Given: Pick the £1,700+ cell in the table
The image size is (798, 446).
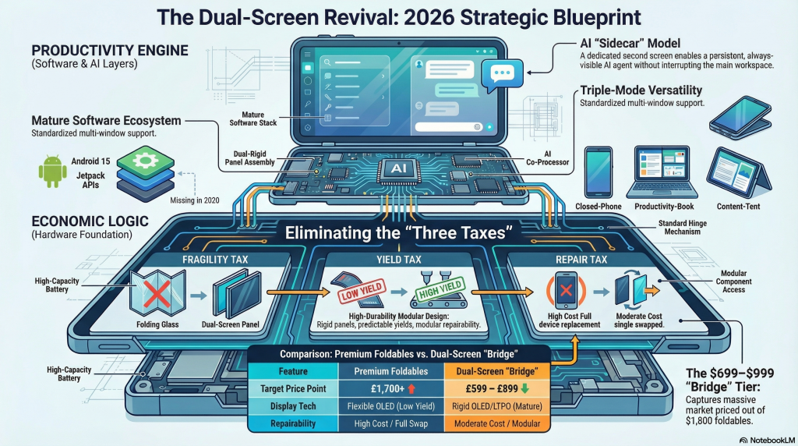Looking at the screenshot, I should click(382, 389).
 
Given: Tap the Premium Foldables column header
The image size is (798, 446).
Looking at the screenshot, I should click(382, 372).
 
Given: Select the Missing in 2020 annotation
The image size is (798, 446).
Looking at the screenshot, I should click(196, 200).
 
